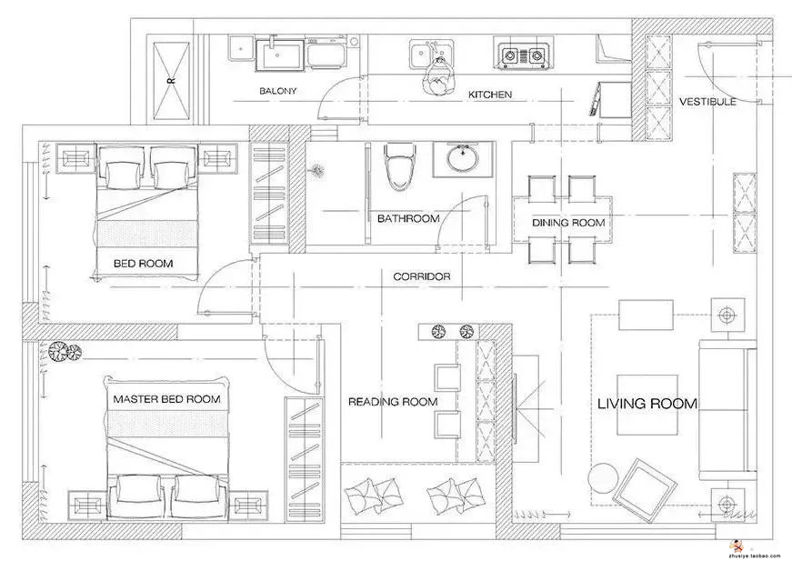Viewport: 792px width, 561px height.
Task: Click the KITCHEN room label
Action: coord(490,95)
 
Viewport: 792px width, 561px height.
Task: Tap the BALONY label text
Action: coord(278,91)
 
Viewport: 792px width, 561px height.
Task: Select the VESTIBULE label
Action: coord(707,102)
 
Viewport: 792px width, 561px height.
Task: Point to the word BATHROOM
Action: coord(408,218)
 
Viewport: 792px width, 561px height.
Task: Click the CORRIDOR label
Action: coord(422,276)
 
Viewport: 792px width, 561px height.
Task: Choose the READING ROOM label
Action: coord(393,402)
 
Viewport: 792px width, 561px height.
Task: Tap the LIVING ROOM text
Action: coord(647,404)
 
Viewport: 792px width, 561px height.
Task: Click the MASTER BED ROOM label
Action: coord(166,399)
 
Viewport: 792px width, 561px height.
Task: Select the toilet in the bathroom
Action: coord(400,166)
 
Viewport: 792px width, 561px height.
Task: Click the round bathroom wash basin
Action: coord(462,158)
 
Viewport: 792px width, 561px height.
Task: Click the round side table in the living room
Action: coord(605,476)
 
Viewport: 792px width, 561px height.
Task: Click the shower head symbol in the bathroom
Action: coord(318,170)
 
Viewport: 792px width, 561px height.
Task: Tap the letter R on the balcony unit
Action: coord(171,80)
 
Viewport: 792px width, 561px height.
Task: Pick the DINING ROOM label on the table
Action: coord(568,223)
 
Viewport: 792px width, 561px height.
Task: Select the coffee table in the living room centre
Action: coord(647,405)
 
